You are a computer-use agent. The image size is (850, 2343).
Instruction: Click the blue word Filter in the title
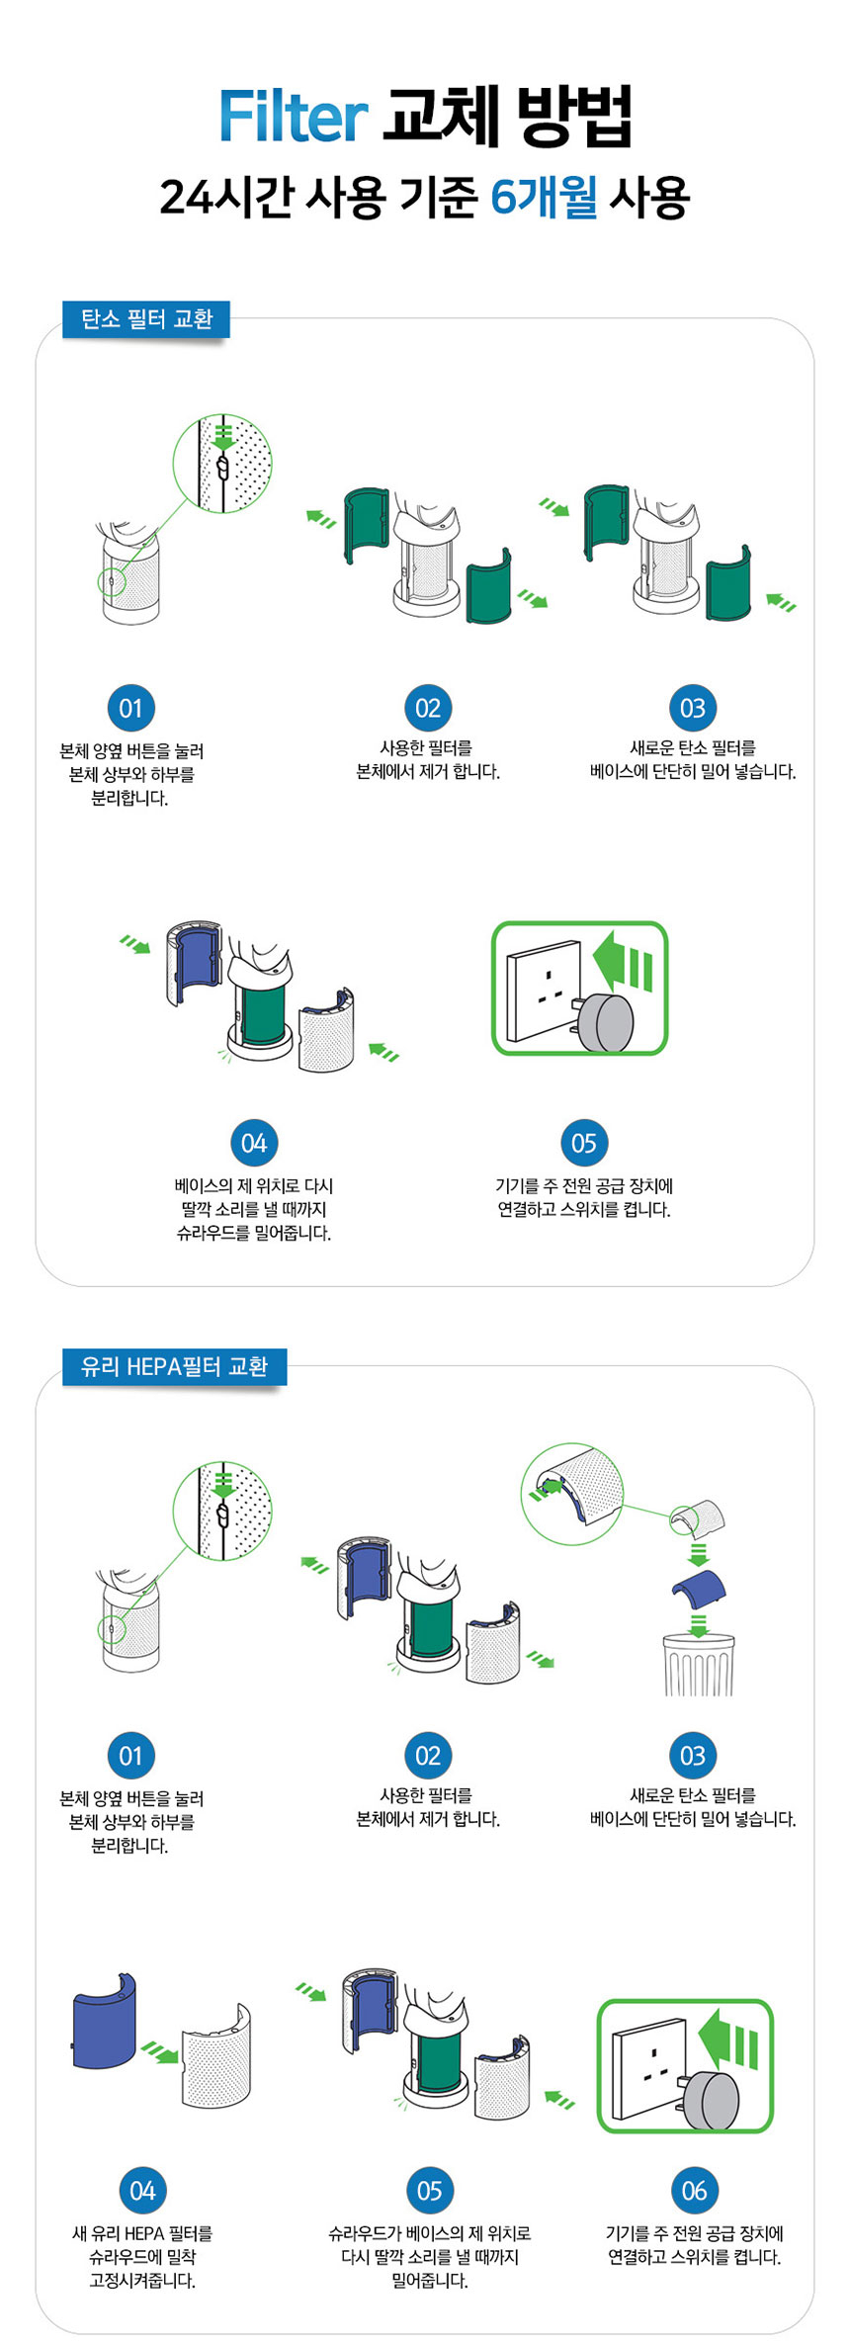294,118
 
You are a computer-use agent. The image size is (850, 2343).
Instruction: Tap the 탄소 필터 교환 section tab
146,319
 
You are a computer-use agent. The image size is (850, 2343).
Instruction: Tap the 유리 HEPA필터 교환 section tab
174,1366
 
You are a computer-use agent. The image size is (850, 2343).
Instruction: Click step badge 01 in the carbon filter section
130,708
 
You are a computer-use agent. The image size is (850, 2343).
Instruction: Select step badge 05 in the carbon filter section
583,1143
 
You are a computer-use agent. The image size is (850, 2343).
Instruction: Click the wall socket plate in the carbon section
544,991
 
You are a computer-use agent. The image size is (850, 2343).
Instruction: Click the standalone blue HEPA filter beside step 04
104,2021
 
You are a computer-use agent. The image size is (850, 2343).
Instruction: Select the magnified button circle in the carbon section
222,464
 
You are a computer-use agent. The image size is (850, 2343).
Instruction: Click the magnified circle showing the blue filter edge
571,1493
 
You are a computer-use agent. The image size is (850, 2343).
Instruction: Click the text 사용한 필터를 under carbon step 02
427,748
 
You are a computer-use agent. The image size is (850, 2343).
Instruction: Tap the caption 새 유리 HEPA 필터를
142,2233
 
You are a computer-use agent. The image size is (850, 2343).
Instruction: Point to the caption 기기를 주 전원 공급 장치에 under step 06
694,2233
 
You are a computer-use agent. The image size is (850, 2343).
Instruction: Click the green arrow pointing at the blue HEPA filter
159,2053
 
